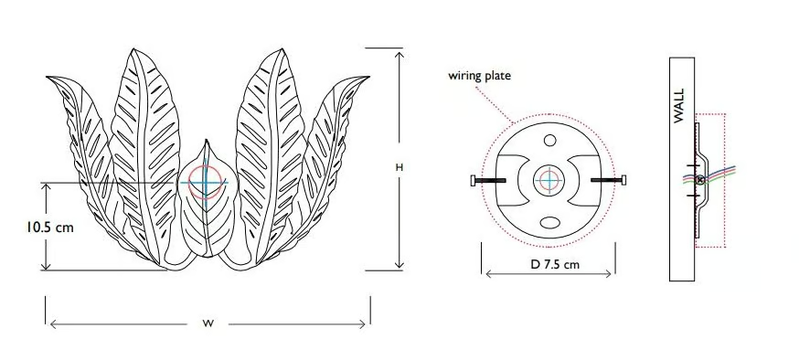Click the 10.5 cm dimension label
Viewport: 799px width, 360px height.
50,228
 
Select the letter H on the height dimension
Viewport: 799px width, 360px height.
399,167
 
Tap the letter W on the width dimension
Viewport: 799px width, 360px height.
208,323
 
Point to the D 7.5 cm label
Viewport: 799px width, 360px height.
555,264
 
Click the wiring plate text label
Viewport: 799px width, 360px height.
480,76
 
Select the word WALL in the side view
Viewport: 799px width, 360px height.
679,106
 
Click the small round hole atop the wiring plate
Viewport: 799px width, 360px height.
549,140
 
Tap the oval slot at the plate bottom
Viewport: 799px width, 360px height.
549,223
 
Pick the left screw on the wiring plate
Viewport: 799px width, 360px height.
488,180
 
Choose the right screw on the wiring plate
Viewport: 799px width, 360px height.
609,180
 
